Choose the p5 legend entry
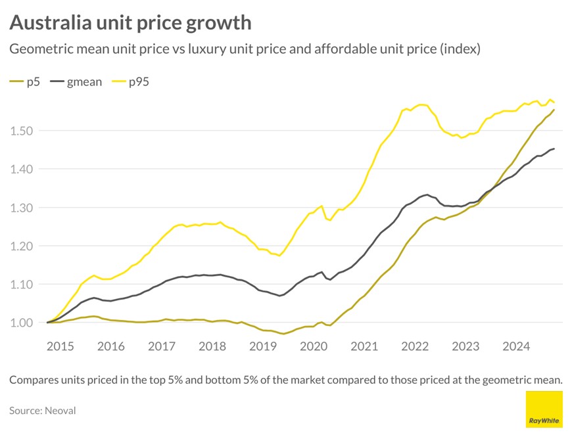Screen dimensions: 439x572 point(24,82)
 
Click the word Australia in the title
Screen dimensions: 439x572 point(50,23)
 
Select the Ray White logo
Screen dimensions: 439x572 point(544,409)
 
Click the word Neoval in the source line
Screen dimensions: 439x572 point(60,410)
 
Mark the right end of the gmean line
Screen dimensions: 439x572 point(554,149)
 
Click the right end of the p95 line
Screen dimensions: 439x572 point(554,103)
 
